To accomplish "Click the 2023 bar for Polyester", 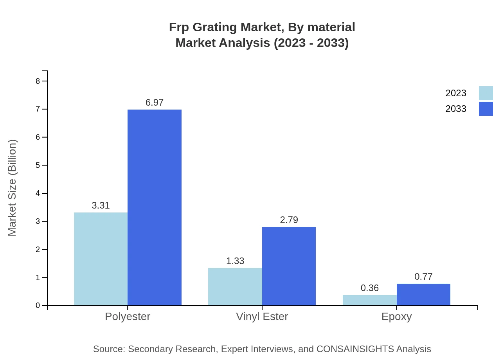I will [x=101, y=259].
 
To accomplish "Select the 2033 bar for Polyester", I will [x=155, y=207].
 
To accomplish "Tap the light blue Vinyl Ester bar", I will [x=235, y=286].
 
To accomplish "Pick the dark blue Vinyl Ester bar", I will [x=289, y=266].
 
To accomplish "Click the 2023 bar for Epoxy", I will [x=370, y=300].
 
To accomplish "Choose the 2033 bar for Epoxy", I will [x=423, y=294].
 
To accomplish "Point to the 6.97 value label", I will [x=155, y=103].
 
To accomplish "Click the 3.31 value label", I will [x=101, y=205].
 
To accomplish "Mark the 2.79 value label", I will [x=289, y=220].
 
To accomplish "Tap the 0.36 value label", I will [x=370, y=288].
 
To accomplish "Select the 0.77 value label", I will [x=423, y=277].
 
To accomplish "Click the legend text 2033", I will [x=456, y=109].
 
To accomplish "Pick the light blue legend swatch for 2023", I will [x=486, y=93].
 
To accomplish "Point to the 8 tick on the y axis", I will [x=38, y=81].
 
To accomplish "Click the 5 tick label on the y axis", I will [x=38, y=165].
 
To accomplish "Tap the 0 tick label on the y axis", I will [x=38, y=306].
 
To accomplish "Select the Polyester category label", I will [x=128, y=316].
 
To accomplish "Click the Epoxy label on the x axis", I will [x=396, y=316].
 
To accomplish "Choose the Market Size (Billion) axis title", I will [x=12, y=188].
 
